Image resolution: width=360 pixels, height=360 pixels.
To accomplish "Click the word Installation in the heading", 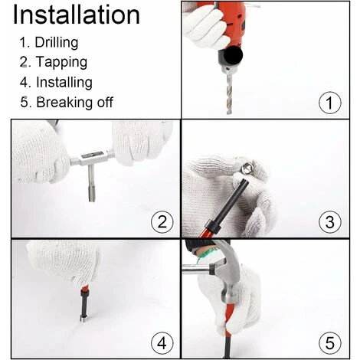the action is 77,15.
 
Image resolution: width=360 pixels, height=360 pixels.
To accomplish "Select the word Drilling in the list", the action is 57,43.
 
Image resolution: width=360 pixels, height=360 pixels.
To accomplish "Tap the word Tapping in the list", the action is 61,62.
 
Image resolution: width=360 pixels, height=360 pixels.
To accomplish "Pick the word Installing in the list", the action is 64,83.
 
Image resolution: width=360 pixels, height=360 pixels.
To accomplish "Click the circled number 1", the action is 330,103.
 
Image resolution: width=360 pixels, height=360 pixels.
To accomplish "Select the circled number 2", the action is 162,221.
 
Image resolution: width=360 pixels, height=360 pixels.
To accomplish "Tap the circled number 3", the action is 330,221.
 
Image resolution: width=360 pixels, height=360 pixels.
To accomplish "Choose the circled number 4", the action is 162,343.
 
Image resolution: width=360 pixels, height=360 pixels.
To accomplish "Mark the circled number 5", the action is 330,343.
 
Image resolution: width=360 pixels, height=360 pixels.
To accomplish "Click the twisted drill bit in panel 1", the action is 229,93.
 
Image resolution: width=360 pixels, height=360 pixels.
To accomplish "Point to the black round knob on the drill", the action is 234,55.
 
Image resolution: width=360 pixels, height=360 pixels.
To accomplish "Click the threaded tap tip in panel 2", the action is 92,193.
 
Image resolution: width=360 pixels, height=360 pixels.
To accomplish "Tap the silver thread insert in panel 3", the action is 247,169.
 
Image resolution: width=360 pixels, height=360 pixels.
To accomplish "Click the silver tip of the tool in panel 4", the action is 83,319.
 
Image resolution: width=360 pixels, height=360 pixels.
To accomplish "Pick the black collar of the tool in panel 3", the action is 212,226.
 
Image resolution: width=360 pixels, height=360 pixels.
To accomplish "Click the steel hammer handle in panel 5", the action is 195,270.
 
